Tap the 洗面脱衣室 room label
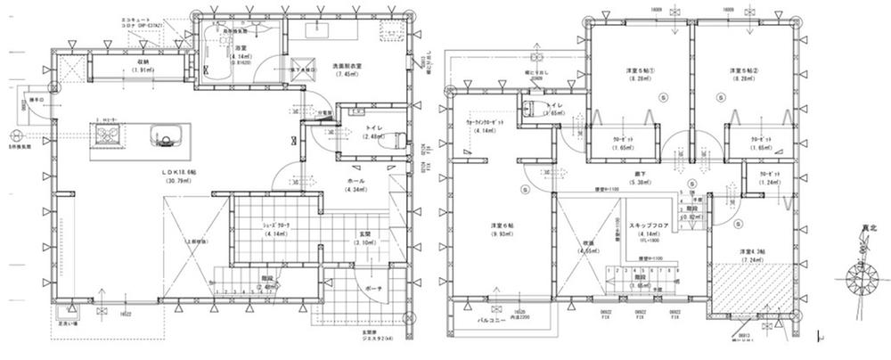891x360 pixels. [347, 69]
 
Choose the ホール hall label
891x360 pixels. [356, 181]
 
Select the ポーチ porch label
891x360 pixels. [372, 289]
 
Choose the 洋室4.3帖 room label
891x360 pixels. [754, 252]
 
